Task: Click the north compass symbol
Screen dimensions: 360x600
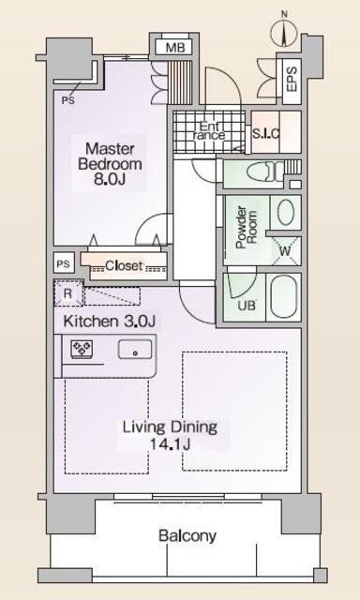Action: (x=284, y=32)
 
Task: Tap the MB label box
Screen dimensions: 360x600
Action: (x=175, y=48)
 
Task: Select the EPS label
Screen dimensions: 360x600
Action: (x=292, y=79)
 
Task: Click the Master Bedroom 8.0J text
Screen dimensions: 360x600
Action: (x=110, y=164)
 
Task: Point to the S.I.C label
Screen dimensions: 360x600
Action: (x=265, y=133)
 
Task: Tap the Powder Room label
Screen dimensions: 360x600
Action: (x=246, y=228)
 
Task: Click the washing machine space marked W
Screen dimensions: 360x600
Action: (x=286, y=251)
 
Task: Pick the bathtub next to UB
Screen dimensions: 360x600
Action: (x=285, y=297)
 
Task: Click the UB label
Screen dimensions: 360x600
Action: (x=246, y=307)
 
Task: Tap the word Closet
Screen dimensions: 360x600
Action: (x=124, y=265)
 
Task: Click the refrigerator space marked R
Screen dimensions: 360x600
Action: (x=68, y=293)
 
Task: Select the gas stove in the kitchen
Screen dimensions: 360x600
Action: (x=82, y=349)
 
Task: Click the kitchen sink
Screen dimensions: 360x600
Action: (x=135, y=350)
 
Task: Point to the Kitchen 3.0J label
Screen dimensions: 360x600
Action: (x=109, y=322)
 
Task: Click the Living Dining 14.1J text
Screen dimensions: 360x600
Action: (x=171, y=435)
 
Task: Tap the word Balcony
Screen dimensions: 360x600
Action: (x=187, y=536)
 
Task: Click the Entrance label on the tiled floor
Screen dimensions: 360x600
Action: (x=211, y=130)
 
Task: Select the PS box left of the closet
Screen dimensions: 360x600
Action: (x=64, y=264)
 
